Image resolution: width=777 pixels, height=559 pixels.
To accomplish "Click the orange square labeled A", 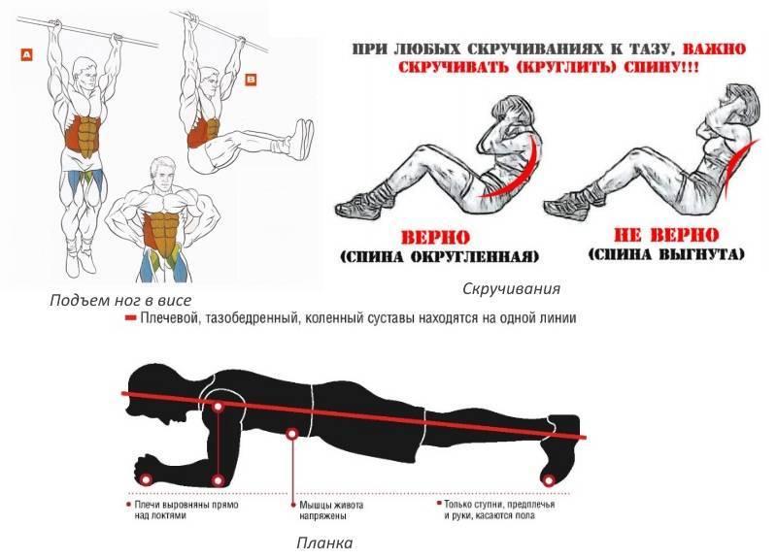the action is click(x=26, y=54).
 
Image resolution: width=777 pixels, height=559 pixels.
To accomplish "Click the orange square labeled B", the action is click(x=252, y=80).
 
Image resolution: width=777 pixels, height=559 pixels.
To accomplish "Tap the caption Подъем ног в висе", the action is click(x=120, y=300).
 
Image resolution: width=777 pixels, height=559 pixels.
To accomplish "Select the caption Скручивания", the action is click(x=511, y=288).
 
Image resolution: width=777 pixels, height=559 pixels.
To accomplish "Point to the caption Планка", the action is click(x=324, y=543).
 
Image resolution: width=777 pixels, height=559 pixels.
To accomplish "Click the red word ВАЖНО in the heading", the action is click(x=714, y=49).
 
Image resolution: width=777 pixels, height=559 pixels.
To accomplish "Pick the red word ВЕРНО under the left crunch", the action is click(x=435, y=238).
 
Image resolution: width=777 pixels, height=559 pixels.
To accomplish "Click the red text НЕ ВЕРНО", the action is click(x=666, y=235).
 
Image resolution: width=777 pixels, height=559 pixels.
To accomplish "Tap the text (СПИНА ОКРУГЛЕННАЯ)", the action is click(x=440, y=257).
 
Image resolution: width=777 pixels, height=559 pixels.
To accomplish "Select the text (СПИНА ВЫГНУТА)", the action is click(x=666, y=254).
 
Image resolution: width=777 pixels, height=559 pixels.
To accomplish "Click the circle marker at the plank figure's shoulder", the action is click(x=218, y=407).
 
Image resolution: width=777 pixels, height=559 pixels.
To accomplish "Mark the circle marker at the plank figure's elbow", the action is click(x=218, y=480).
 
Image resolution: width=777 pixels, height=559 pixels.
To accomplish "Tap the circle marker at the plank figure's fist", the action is click(x=146, y=479).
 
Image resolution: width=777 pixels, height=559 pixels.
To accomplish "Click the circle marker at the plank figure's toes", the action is click(x=549, y=479).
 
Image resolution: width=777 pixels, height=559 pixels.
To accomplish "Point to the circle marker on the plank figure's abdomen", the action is click(x=292, y=434).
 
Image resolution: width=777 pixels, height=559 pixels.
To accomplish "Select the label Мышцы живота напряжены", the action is click(x=331, y=510).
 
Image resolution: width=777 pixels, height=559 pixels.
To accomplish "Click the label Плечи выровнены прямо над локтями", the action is click(x=184, y=510).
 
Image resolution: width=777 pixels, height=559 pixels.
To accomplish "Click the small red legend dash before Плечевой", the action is click(x=130, y=318).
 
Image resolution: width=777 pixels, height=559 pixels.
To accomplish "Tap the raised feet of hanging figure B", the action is click(x=302, y=139).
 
